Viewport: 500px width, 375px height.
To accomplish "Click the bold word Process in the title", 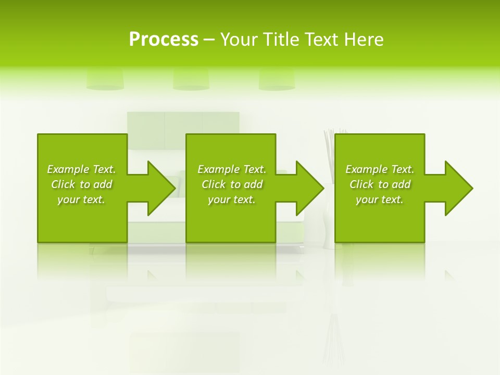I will click(x=164, y=40).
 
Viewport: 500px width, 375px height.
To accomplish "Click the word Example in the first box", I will click(x=68, y=169).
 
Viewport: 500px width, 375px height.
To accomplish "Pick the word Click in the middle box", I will click(x=214, y=184).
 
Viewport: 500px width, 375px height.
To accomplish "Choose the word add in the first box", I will click(x=103, y=184).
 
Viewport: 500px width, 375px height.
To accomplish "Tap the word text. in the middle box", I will click(x=243, y=199).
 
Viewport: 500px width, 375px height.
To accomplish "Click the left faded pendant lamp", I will click(x=105, y=79).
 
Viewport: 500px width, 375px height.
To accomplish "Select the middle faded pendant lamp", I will click(x=191, y=79).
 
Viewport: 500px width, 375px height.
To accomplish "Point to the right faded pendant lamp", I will click(x=277, y=79).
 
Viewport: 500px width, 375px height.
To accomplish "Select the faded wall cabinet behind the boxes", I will click(x=183, y=122).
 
